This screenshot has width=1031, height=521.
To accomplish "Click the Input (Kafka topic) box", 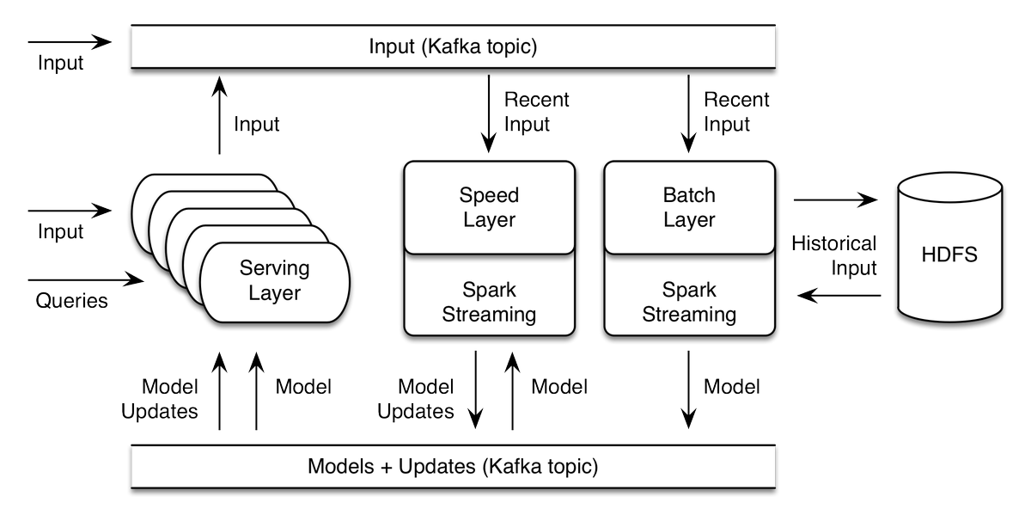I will click(x=453, y=46).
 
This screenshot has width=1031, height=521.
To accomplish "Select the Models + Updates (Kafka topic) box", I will click(x=453, y=467).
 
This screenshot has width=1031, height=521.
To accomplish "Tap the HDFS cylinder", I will click(x=950, y=255).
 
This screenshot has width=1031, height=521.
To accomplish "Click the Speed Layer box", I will click(x=489, y=207).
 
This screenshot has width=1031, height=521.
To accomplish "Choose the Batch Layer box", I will click(x=689, y=207).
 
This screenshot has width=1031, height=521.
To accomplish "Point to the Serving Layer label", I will click(x=275, y=280).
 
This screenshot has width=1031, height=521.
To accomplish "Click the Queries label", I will click(x=71, y=301).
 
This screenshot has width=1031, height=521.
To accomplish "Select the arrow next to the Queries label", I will click(x=86, y=279).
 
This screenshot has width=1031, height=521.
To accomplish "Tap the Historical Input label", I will click(x=833, y=255).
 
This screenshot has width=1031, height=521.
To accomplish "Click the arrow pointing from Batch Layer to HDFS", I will click(x=835, y=200).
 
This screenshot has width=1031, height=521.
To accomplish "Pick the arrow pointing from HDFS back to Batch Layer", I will click(x=839, y=296).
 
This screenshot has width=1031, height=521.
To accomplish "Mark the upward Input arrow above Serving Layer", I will click(x=220, y=115).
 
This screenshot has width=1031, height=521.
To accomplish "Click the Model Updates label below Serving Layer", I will click(x=160, y=398).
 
